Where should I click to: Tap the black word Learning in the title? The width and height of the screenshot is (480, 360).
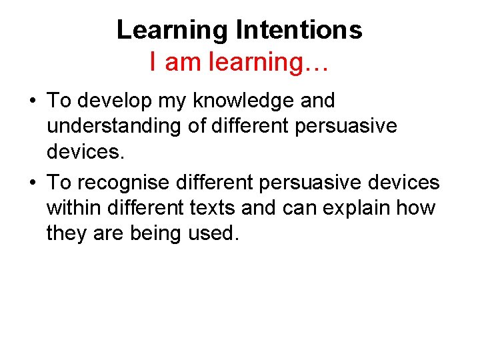point(172,30)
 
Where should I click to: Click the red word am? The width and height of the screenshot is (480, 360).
point(183,62)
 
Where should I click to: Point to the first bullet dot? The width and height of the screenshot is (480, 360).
point(32,102)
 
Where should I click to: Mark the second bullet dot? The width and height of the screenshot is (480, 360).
point(32,183)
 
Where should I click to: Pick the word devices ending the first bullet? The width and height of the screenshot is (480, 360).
point(85,153)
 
